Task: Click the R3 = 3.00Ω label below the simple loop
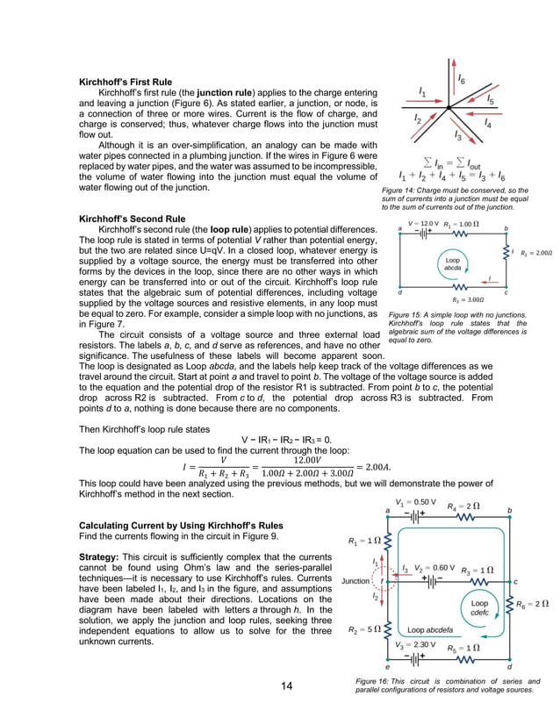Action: (x=456, y=299)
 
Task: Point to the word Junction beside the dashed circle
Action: (x=355, y=581)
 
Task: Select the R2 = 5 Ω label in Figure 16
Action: (x=363, y=629)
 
